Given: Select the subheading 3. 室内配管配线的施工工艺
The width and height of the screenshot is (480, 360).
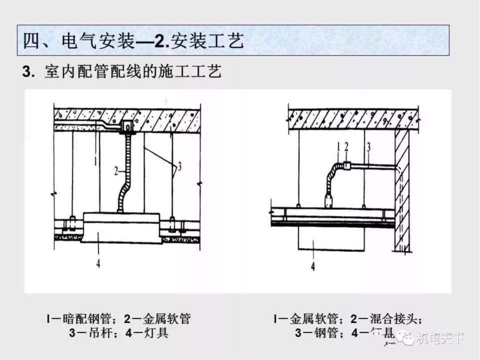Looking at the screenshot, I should [x=122, y=72].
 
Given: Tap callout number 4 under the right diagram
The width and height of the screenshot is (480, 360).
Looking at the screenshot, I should [x=313, y=267].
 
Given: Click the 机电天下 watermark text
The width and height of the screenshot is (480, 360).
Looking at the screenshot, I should [x=440, y=339].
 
